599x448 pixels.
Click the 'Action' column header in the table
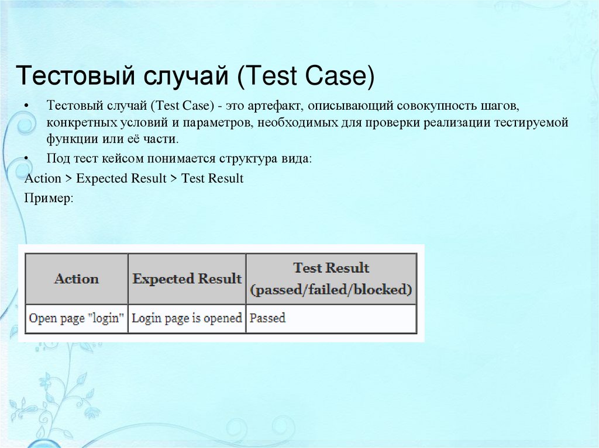click(77, 279)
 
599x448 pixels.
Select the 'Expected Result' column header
click(187, 279)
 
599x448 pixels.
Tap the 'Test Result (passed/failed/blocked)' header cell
click(331, 279)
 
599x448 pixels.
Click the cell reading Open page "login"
click(77, 318)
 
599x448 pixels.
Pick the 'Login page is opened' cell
click(187, 318)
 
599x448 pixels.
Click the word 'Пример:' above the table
click(49, 198)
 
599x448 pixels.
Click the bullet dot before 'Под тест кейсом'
click(28, 159)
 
